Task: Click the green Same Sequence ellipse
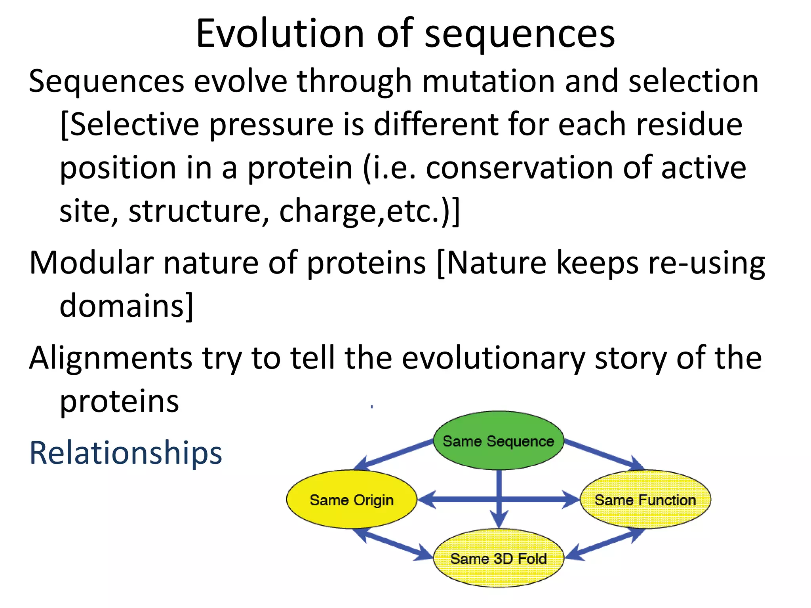(498, 441)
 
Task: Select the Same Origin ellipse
(351, 500)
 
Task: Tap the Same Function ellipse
(645, 500)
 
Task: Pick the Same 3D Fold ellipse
(498, 559)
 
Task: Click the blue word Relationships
(126, 453)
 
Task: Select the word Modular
(91, 263)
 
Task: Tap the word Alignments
(110, 358)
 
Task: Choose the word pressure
(271, 124)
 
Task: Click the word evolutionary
(493, 358)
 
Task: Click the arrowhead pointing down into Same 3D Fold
(499, 519)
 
